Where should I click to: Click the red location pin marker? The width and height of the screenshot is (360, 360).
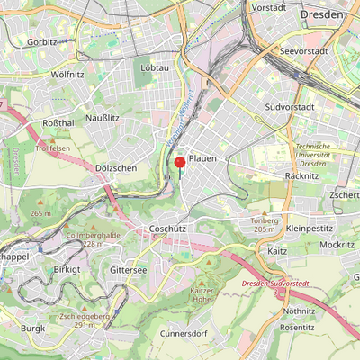pyautogui.click(x=179, y=163)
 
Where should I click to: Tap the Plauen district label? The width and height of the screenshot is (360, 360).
pyautogui.click(x=202, y=158)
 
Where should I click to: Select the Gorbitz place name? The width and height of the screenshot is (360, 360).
pyautogui.click(x=41, y=42)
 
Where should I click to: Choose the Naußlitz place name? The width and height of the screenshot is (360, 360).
pyautogui.click(x=103, y=118)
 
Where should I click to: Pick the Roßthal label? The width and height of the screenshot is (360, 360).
pyautogui.click(x=58, y=122)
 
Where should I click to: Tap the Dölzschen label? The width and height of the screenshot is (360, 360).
pyautogui.click(x=115, y=167)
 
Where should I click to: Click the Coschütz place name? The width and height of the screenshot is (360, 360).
pyautogui.click(x=167, y=229)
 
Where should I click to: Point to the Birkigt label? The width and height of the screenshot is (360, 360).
pyautogui.click(x=67, y=269)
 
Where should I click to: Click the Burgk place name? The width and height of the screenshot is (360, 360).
pyautogui.click(x=33, y=328)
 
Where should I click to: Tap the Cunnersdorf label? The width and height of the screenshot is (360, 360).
pyautogui.click(x=184, y=333)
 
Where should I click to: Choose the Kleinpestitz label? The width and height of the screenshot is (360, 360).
pyautogui.click(x=309, y=229)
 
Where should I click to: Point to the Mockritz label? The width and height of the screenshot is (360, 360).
pyautogui.click(x=337, y=244)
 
